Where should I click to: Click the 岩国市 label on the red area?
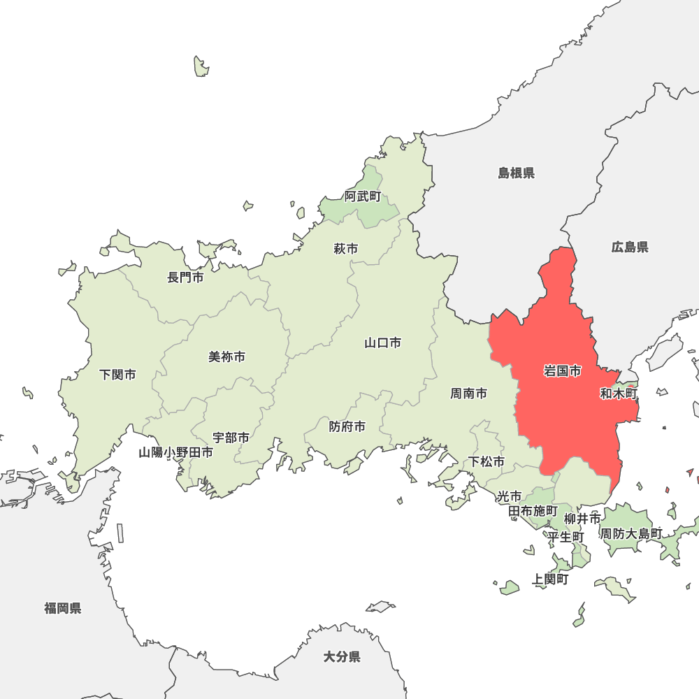tap(562, 371)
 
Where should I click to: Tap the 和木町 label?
tap(619, 394)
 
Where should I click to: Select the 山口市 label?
tap(382, 343)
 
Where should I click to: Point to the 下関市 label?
tap(117, 375)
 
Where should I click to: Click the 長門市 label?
tap(185, 278)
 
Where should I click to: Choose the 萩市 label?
tap(345, 248)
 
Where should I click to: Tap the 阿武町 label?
tap(363, 196)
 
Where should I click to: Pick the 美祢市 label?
tap(226, 356)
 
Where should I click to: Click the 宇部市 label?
tap(231, 438)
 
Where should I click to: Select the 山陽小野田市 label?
tap(175, 452)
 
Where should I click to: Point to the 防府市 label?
tap(347, 426)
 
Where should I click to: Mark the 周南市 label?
tap(468, 394)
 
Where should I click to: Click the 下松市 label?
tap(487, 461)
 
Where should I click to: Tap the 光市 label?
tap(509, 496)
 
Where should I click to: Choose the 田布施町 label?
tap(533, 511)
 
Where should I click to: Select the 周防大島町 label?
tap(631, 533)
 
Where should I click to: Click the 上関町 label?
tap(550, 579)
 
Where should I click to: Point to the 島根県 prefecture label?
tap(516, 173)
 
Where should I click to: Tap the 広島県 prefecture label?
tap(630, 247)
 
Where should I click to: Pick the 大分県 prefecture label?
tap(342, 656)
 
